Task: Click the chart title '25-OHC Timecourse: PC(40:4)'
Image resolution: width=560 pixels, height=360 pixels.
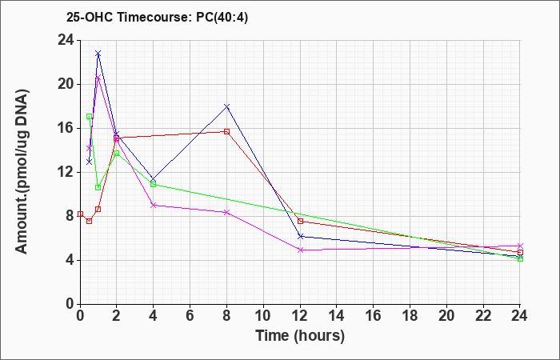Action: [x=157, y=18]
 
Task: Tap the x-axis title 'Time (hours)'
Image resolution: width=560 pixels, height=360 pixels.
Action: [x=300, y=336]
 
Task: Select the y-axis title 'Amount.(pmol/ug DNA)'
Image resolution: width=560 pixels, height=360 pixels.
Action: [x=22, y=171]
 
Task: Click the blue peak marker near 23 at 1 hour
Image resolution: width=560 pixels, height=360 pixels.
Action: [x=98, y=54]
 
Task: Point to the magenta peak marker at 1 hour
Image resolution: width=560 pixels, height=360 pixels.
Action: [x=98, y=78]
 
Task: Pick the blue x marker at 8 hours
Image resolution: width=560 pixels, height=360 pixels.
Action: [x=226, y=106]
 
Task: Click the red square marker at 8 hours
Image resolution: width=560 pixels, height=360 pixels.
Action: [x=226, y=131]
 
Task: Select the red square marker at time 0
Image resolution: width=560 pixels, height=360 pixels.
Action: [x=80, y=214]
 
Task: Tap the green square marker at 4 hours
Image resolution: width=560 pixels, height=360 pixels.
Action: [x=154, y=184]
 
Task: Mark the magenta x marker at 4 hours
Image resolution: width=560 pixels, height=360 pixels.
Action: [x=154, y=205]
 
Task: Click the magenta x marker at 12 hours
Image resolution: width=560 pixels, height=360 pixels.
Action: [x=300, y=250]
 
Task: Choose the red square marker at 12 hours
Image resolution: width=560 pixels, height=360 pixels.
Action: [x=300, y=221]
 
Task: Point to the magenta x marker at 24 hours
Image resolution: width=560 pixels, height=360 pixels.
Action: [x=520, y=246]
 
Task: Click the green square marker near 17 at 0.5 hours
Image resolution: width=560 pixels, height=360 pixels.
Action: [x=90, y=117]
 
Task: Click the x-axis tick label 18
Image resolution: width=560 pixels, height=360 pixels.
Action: [x=410, y=316]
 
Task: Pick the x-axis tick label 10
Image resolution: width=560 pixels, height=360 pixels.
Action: [x=263, y=316]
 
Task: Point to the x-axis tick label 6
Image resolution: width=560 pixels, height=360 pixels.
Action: [x=190, y=316]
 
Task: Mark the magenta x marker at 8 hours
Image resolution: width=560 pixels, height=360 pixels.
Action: [x=226, y=212]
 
